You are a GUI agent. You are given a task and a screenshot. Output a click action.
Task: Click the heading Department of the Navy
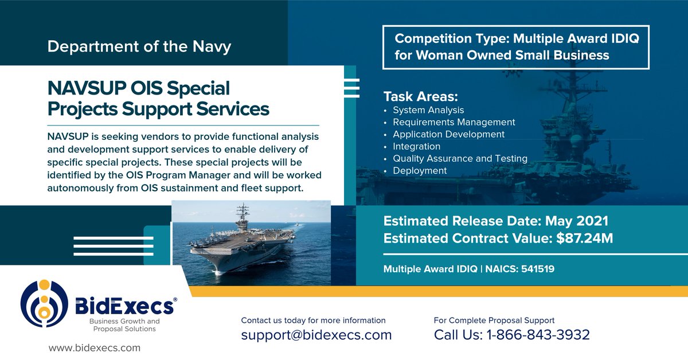139,46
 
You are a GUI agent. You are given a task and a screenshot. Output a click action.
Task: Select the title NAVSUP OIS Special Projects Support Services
151,99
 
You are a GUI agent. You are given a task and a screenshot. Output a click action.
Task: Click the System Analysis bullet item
428,110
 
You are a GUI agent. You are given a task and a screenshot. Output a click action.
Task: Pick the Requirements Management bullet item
454,122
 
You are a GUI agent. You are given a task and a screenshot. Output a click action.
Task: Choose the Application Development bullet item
448,134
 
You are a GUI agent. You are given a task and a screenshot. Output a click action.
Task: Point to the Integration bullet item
416,146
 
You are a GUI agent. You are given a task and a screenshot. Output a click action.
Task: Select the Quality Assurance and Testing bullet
460,158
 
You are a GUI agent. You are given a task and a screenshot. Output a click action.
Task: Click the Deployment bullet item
420,170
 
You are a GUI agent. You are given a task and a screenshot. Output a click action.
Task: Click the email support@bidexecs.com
316,335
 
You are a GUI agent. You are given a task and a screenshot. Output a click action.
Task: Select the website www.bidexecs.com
95,347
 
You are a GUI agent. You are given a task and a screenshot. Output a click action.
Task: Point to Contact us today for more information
313,320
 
